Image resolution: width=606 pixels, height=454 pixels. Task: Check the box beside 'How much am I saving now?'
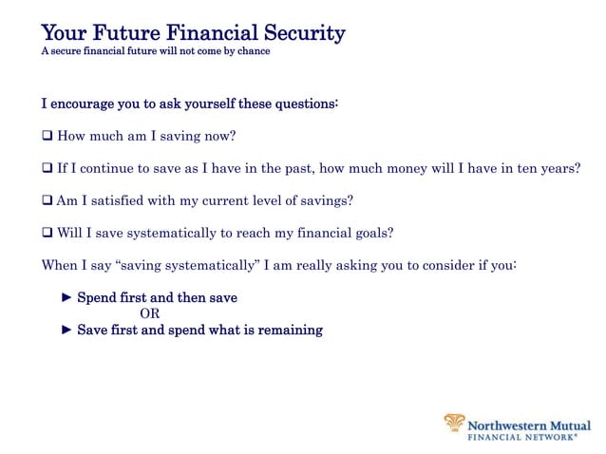pos(47,136)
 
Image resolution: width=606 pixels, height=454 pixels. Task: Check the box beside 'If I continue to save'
pos(47,168)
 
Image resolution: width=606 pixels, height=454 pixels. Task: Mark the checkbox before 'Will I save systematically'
pos(47,233)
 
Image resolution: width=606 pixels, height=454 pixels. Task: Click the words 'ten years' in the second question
pos(548,168)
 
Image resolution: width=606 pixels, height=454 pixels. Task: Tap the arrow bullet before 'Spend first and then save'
pos(66,297)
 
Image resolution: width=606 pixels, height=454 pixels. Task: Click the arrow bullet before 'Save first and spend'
pos(66,330)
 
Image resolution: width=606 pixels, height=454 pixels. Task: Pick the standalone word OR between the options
pos(149,313)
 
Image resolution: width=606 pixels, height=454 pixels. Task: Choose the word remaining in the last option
pos(291,330)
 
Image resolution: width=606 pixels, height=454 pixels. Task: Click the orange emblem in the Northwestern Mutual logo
pos(455,424)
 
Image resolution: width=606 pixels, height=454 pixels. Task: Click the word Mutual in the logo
pos(574,426)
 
